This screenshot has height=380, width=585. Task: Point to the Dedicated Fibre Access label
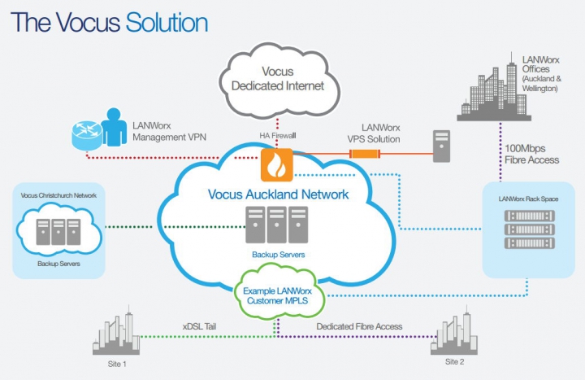(x=358, y=326)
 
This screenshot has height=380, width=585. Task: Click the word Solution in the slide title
(x=167, y=22)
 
